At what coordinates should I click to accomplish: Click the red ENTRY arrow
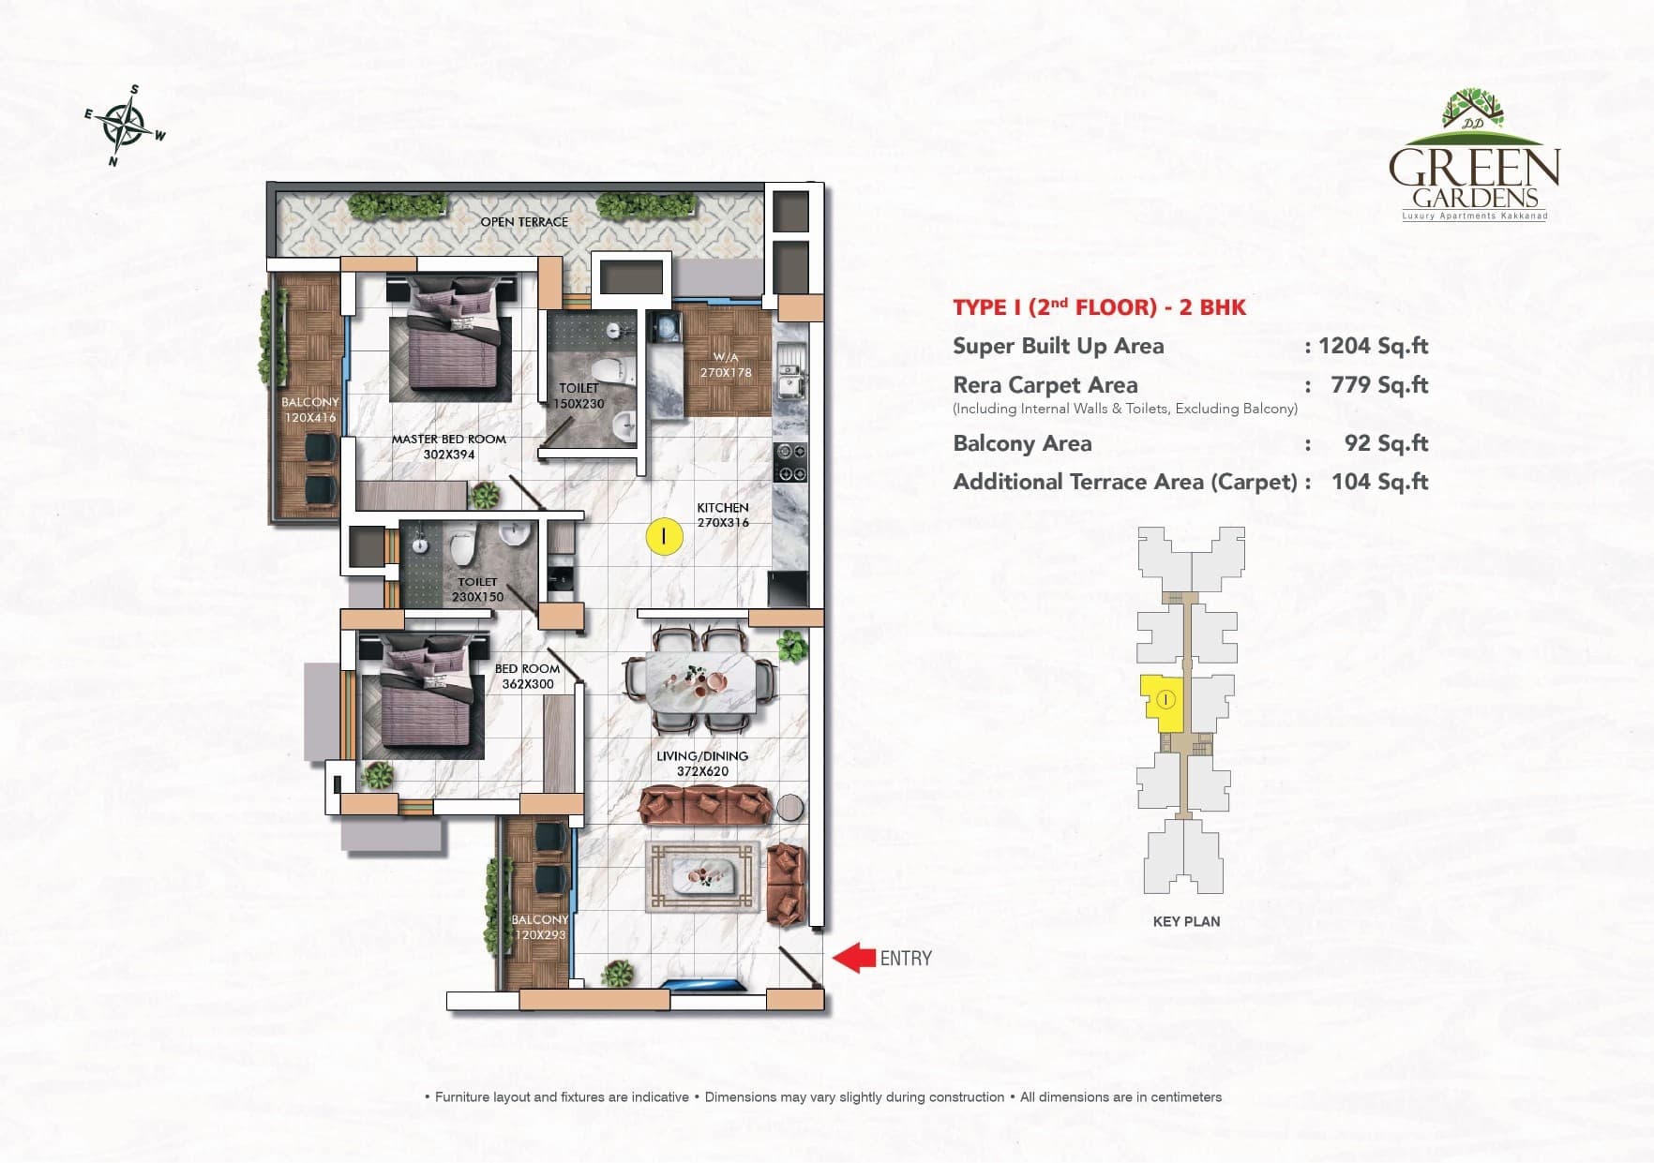pyautogui.click(x=853, y=958)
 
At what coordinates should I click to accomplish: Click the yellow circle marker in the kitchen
pyautogui.click(x=664, y=536)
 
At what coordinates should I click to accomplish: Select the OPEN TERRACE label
pyautogui.click(x=524, y=222)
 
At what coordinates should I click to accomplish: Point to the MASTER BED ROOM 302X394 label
pyautogui.click(x=448, y=446)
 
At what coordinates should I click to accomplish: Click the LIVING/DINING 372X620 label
pyautogui.click(x=701, y=764)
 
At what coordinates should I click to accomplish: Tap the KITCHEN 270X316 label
pyautogui.click(x=722, y=514)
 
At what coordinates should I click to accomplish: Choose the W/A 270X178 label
pyautogui.click(x=726, y=365)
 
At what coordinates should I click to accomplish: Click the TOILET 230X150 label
pyautogui.click(x=477, y=589)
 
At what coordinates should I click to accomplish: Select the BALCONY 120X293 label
pyautogui.click(x=539, y=927)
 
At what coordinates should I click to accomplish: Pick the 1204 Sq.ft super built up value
pyautogui.click(x=1373, y=346)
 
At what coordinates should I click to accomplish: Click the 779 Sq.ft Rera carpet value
pyautogui.click(x=1378, y=385)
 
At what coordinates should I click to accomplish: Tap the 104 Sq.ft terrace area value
pyautogui.click(x=1379, y=482)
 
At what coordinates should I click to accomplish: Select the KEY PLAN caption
pyautogui.click(x=1186, y=921)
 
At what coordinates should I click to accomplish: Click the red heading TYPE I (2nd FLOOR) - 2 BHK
pyautogui.click(x=1099, y=307)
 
